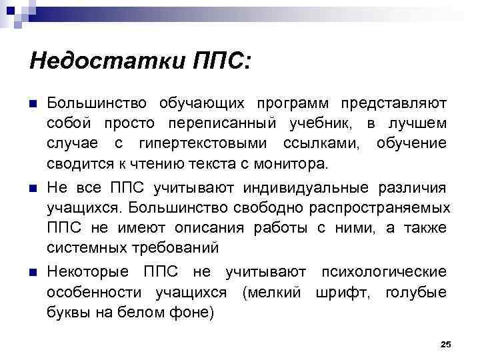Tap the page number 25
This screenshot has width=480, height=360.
click(x=446, y=344)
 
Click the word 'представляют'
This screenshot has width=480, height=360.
click(x=394, y=104)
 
